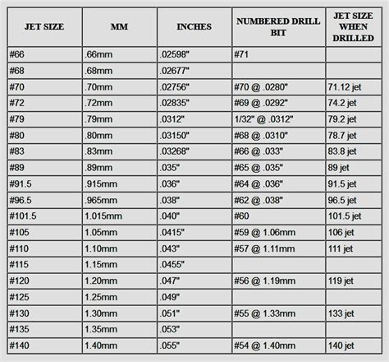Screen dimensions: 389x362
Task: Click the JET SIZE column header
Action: (x=44, y=27)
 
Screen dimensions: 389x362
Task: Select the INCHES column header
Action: (x=194, y=27)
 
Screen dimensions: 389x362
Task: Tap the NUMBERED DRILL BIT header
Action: (x=277, y=27)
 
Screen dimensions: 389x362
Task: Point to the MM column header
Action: (x=119, y=27)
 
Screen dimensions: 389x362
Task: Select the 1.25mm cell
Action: (x=102, y=296)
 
